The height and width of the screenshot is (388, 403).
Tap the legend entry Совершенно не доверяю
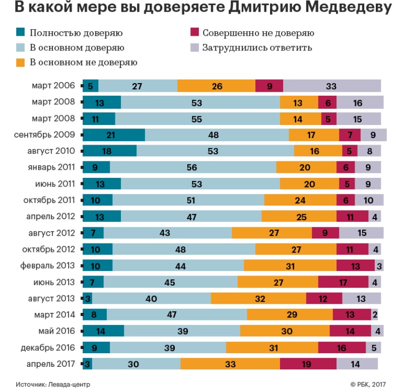[x=258, y=33]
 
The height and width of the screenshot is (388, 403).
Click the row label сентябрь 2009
[x=47, y=135]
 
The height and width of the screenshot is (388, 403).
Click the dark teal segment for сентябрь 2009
[x=113, y=135]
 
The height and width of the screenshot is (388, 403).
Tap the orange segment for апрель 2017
[x=230, y=364]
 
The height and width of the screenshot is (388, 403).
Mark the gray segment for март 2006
[x=332, y=86]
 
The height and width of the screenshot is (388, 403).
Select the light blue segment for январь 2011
[x=193, y=167]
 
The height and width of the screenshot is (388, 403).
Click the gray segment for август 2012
[x=361, y=233]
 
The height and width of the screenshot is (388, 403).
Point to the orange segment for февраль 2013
[x=290, y=266]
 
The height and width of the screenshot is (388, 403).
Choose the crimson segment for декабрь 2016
[x=342, y=348]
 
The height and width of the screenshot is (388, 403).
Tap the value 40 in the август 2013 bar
[x=151, y=298]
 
